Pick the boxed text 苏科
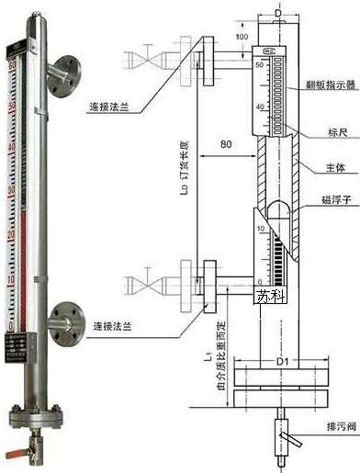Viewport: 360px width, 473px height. pos(271,296)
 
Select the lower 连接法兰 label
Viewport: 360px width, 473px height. pos(114,327)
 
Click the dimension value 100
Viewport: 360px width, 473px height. pos(242,37)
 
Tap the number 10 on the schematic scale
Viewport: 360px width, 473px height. pos(259,225)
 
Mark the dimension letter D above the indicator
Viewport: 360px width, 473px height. pos(278,16)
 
